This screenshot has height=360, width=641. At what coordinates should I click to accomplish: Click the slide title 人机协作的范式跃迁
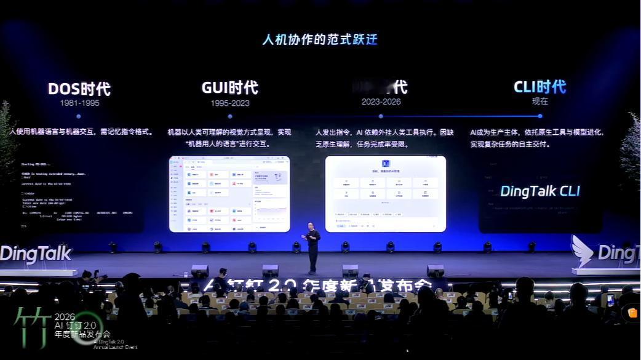pos(320,40)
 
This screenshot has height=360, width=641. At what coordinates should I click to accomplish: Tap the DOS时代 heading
pos(79,89)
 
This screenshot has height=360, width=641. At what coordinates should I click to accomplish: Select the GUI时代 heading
pos(229,87)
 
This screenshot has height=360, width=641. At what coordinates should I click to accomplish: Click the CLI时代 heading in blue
pos(539,87)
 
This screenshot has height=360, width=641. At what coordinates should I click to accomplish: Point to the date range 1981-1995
pos(79,103)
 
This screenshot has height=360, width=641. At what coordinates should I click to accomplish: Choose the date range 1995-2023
pos(229,103)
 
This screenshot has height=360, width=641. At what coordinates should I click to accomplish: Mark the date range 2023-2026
pos(381,102)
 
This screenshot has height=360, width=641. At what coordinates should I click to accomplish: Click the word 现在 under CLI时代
pos(539,102)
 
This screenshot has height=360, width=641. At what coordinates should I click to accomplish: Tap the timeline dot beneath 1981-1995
pos(79,116)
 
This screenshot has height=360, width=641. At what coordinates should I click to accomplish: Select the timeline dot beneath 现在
pos(539,116)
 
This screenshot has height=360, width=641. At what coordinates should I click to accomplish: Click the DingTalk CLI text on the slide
pos(539,191)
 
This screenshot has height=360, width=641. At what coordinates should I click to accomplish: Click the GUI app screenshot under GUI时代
pos(229,194)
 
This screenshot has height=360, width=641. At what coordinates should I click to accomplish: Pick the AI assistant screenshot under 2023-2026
pos(385,194)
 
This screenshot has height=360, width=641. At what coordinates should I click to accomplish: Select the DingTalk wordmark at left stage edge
pos(36,254)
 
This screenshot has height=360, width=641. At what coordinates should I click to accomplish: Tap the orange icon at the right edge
pos(632,313)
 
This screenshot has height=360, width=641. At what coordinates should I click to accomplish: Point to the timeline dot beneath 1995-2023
pos(230,116)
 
